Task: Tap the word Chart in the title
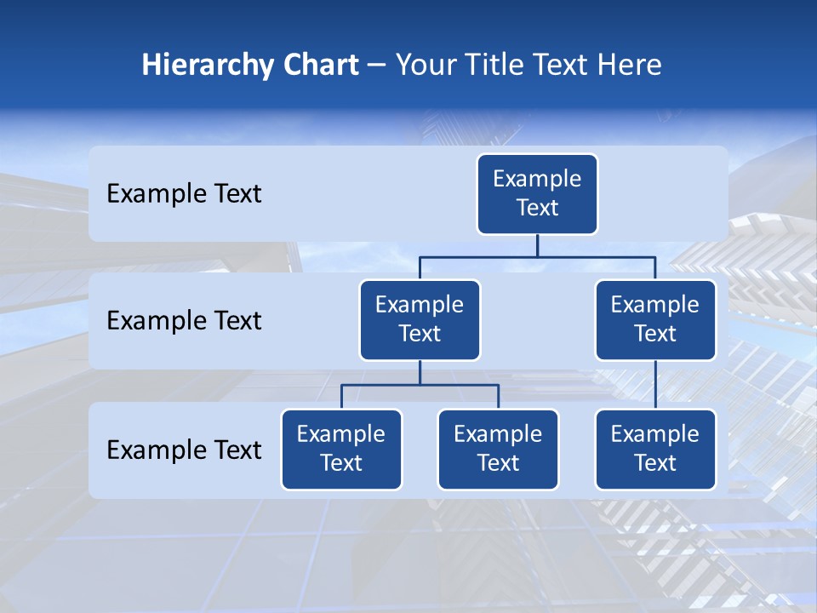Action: click(317, 66)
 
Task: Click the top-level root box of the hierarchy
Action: click(537, 194)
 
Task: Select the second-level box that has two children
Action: click(420, 320)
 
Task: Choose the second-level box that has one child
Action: click(655, 320)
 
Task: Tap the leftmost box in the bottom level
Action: click(341, 450)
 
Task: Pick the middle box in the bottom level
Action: click(498, 450)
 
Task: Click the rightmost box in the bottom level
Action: click(655, 450)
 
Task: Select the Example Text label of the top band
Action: click(184, 194)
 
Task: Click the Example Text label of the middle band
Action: click(184, 321)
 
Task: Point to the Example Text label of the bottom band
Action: click(184, 450)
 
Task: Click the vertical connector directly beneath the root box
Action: click(537, 245)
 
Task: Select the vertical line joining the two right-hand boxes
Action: click(655, 385)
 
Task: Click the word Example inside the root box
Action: click(537, 179)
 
